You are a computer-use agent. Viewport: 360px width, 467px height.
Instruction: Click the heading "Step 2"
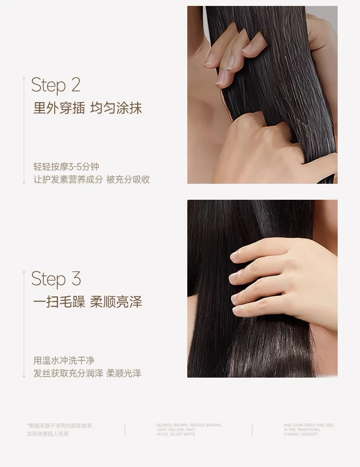[56, 85]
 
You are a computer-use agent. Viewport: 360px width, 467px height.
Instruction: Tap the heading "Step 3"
[56, 279]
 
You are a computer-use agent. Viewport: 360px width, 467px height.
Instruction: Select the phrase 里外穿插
[59, 108]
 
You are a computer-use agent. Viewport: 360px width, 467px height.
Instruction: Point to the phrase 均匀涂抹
[116, 108]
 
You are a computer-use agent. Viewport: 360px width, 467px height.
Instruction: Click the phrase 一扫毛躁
[59, 301]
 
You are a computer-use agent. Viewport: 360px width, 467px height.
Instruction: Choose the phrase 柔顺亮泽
[116, 301]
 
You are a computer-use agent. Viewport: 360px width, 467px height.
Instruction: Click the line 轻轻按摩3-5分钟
[66, 167]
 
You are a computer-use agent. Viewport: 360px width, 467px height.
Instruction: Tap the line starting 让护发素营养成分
[92, 179]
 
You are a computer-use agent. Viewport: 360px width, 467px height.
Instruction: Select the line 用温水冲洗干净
[64, 361]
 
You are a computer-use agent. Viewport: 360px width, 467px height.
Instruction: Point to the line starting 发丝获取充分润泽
[87, 374]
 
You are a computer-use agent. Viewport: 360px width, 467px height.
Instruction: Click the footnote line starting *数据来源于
[61, 425]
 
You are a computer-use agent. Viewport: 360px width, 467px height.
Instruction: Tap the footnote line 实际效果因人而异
[48, 434]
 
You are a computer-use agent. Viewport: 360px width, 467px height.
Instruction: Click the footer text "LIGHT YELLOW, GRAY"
[176, 430]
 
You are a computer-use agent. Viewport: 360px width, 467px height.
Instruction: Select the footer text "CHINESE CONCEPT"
[301, 434]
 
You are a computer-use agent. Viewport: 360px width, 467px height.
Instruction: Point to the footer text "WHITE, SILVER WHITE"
[176, 434]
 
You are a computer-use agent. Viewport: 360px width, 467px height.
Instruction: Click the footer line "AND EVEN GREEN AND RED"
[309, 425]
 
